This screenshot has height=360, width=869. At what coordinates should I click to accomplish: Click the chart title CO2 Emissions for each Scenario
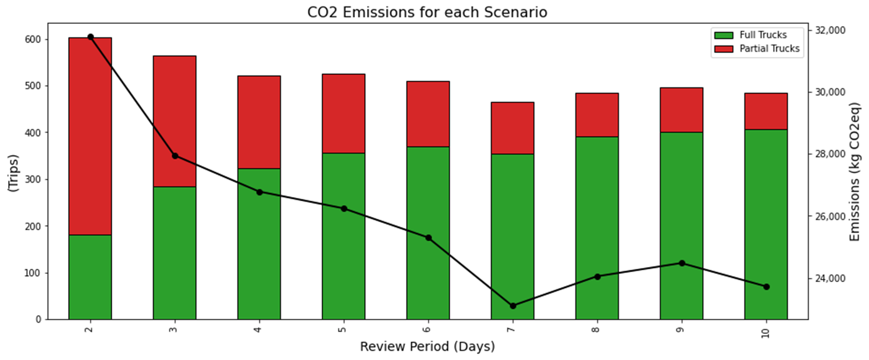click(428, 12)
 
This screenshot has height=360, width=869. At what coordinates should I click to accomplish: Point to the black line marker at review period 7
click(512, 306)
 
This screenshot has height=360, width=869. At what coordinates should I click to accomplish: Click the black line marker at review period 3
click(174, 156)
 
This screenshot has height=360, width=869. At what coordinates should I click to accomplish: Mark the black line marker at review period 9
click(682, 263)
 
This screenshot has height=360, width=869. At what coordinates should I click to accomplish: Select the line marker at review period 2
click(90, 37)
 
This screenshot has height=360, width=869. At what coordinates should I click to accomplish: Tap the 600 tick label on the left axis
click(33, 40)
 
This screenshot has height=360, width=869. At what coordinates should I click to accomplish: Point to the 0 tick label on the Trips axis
click(38, 319)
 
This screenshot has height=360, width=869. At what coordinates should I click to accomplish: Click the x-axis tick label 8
click(597, 329)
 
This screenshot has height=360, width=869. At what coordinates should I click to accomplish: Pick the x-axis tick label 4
click(259, 329)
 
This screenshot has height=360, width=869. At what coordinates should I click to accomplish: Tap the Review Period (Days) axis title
click(428, 347)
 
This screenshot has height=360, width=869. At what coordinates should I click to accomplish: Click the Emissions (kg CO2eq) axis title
click(854, 172)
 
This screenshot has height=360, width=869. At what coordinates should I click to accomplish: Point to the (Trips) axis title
click(13, 173)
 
